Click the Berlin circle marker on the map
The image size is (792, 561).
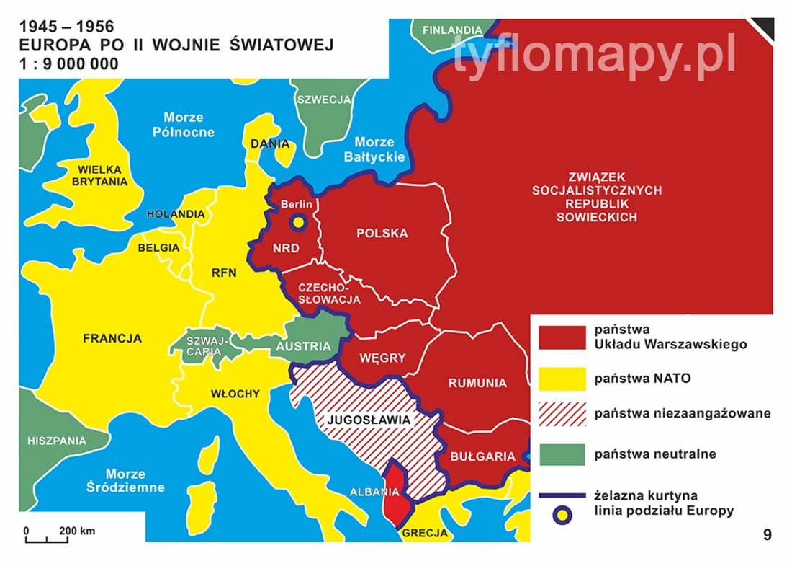pyautogui.click(x=297, y=222)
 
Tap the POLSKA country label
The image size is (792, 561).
pyautogui.click(x=382, y=233)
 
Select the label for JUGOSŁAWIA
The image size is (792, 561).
pyautogui.click(x=368, y=419)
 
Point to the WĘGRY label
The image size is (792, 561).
pyautogui.click(x=382, y=358)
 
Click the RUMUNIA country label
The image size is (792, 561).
pyautogui.click(x=477, y=383)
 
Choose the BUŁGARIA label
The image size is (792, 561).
pyautogui.click(x=482, y=456)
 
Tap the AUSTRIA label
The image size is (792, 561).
pyautogui.click(x=303, y=346)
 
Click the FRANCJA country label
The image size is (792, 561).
pyautogui.click(x=112, y=338)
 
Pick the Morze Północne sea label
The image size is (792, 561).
pyautogui.click(x=184, y=124)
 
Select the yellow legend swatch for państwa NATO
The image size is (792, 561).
pyautogui.click(x=562, y=377)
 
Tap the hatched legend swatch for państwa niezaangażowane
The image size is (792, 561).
pyautogui.click(x=562, y=415)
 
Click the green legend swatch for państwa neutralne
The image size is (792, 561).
pyautogui.click(x=562, y=454)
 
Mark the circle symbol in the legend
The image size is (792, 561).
pyautogui.click(x=562, y=514)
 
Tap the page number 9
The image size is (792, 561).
pyautogui.click(x=768, y=534)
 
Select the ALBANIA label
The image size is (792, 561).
pyautogui.click(x=374, y=493)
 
